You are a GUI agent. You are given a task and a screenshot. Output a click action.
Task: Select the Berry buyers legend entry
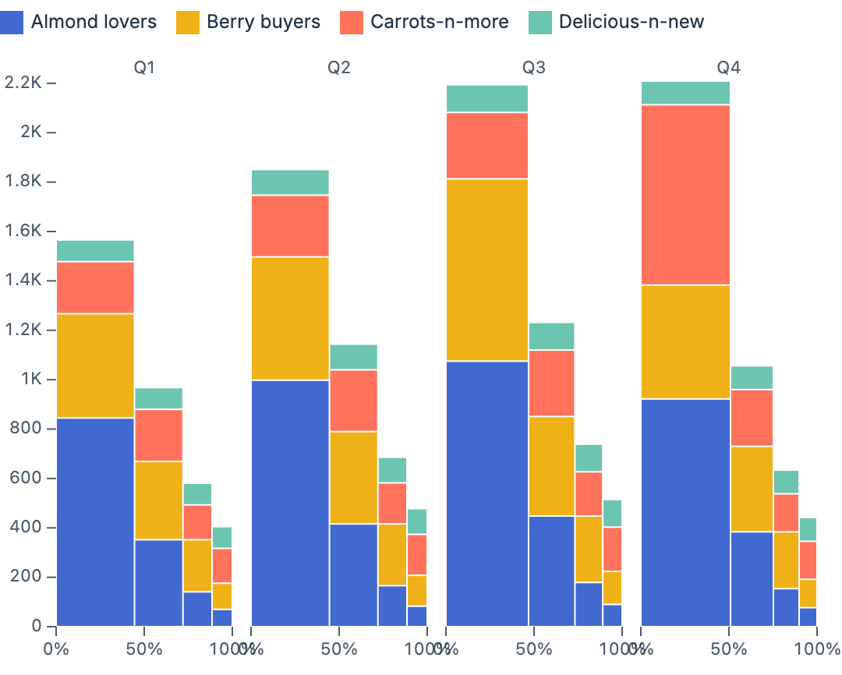point(263,22)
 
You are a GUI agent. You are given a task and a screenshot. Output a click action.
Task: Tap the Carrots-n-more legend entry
point(439,22)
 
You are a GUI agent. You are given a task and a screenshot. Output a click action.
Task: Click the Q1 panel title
point(144,68)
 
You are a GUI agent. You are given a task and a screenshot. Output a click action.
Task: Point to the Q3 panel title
point(534,68)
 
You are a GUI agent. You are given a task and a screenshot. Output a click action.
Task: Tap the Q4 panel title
point(729,68)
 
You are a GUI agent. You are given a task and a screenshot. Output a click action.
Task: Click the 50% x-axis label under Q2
point(339,649)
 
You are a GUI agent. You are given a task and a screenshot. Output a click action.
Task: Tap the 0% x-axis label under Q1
point(56,649)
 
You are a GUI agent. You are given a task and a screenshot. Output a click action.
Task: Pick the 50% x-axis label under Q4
point(729,649)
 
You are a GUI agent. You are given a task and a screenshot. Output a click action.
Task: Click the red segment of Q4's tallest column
point(685,195)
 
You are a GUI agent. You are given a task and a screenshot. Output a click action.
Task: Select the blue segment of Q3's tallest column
point(487,493)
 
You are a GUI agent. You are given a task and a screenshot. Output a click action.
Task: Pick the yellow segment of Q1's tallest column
point(95,366)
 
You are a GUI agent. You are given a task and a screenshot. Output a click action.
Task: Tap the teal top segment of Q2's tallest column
point(290,182)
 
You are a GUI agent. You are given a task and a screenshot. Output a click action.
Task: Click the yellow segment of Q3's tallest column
point(487,270)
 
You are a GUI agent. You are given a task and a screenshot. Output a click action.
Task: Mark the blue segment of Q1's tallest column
point(95,522)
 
